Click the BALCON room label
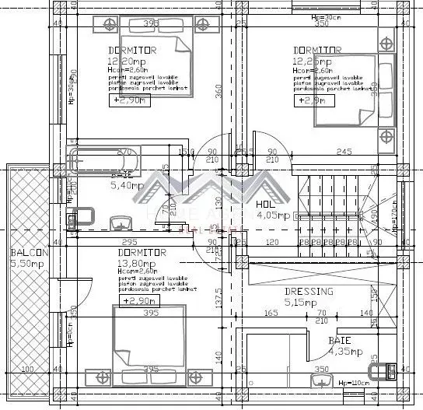(30, 254)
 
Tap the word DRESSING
(308, 292)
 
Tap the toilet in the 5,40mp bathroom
(82, 216)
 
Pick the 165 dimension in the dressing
(271, 313)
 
